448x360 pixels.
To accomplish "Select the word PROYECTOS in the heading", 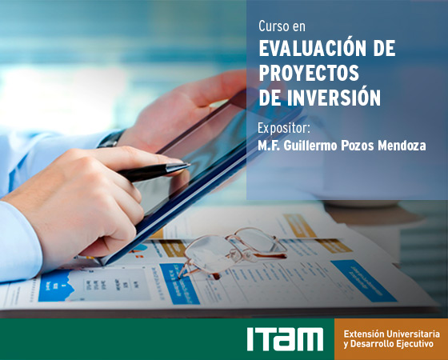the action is coord(309,73).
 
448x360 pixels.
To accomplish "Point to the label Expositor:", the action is coord(284,128).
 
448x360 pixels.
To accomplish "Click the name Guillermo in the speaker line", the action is coord(310,146).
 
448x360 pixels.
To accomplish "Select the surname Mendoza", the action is coord(402,146).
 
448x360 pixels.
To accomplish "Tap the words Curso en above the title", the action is coord(282,26).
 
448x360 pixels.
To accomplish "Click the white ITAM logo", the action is coord(285,339).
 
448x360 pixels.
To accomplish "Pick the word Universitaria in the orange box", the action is coord(413,334).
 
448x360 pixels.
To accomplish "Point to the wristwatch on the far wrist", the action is coord(112,139).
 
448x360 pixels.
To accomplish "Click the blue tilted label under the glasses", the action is coord(179,284).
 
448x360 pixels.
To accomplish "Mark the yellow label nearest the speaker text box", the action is coord(300,226).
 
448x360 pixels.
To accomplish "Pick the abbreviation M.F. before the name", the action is coord(269,146).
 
